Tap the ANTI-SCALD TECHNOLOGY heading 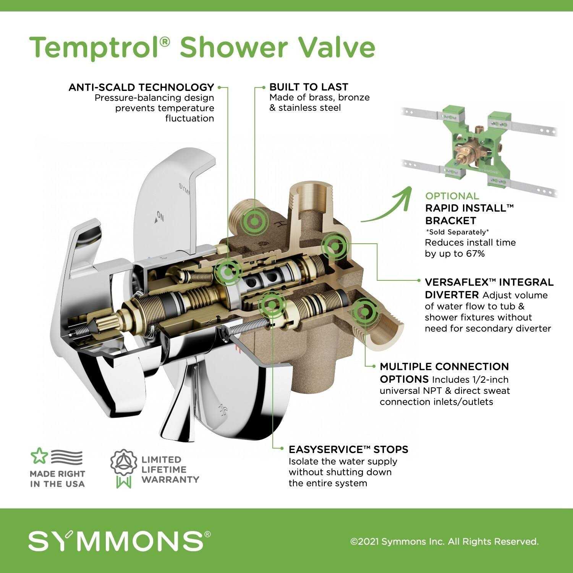pos(141,87)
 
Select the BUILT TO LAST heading pos(309,87)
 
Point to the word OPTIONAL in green pos(452,196)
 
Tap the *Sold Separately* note pos(457,232)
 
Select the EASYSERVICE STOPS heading pos(348,449)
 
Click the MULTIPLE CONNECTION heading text pos(444,367)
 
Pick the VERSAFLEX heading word pos(456,282)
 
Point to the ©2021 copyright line pos(444,542)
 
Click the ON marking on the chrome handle pos(160,218)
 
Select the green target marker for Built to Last pos(254,221)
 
